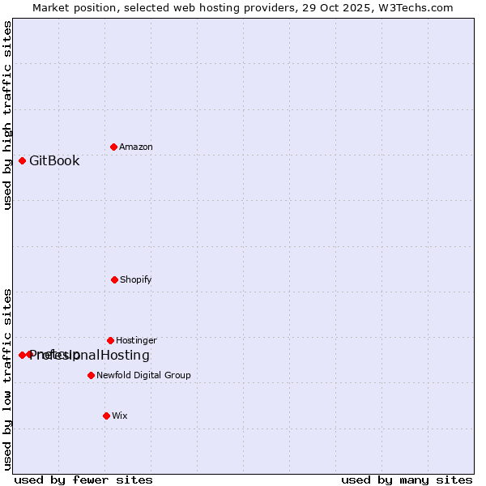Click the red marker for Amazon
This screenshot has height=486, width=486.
click(113, 147)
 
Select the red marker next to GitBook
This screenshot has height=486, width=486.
click(22, 160)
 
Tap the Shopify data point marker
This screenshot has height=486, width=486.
click(114, 279)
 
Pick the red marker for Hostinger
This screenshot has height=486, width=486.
click(110, 340)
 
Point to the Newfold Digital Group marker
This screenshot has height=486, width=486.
click(91, 375)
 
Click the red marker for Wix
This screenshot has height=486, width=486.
click(106, 416)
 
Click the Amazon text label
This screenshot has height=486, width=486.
click(136, 147)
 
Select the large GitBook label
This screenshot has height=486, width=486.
click(54, 160)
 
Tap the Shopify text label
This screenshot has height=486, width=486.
click(136, 279)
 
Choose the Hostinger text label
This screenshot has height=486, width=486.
click(136, 340)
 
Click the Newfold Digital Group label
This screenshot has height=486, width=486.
click(143, 375)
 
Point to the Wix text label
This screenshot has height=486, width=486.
click(120, 416)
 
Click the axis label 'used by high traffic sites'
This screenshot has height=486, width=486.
click(7, 115)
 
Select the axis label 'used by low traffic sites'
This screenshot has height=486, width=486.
click(7, 379)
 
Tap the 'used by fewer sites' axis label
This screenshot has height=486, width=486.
click(83, 480)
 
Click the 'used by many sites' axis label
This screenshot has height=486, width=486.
click(407, 480)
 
